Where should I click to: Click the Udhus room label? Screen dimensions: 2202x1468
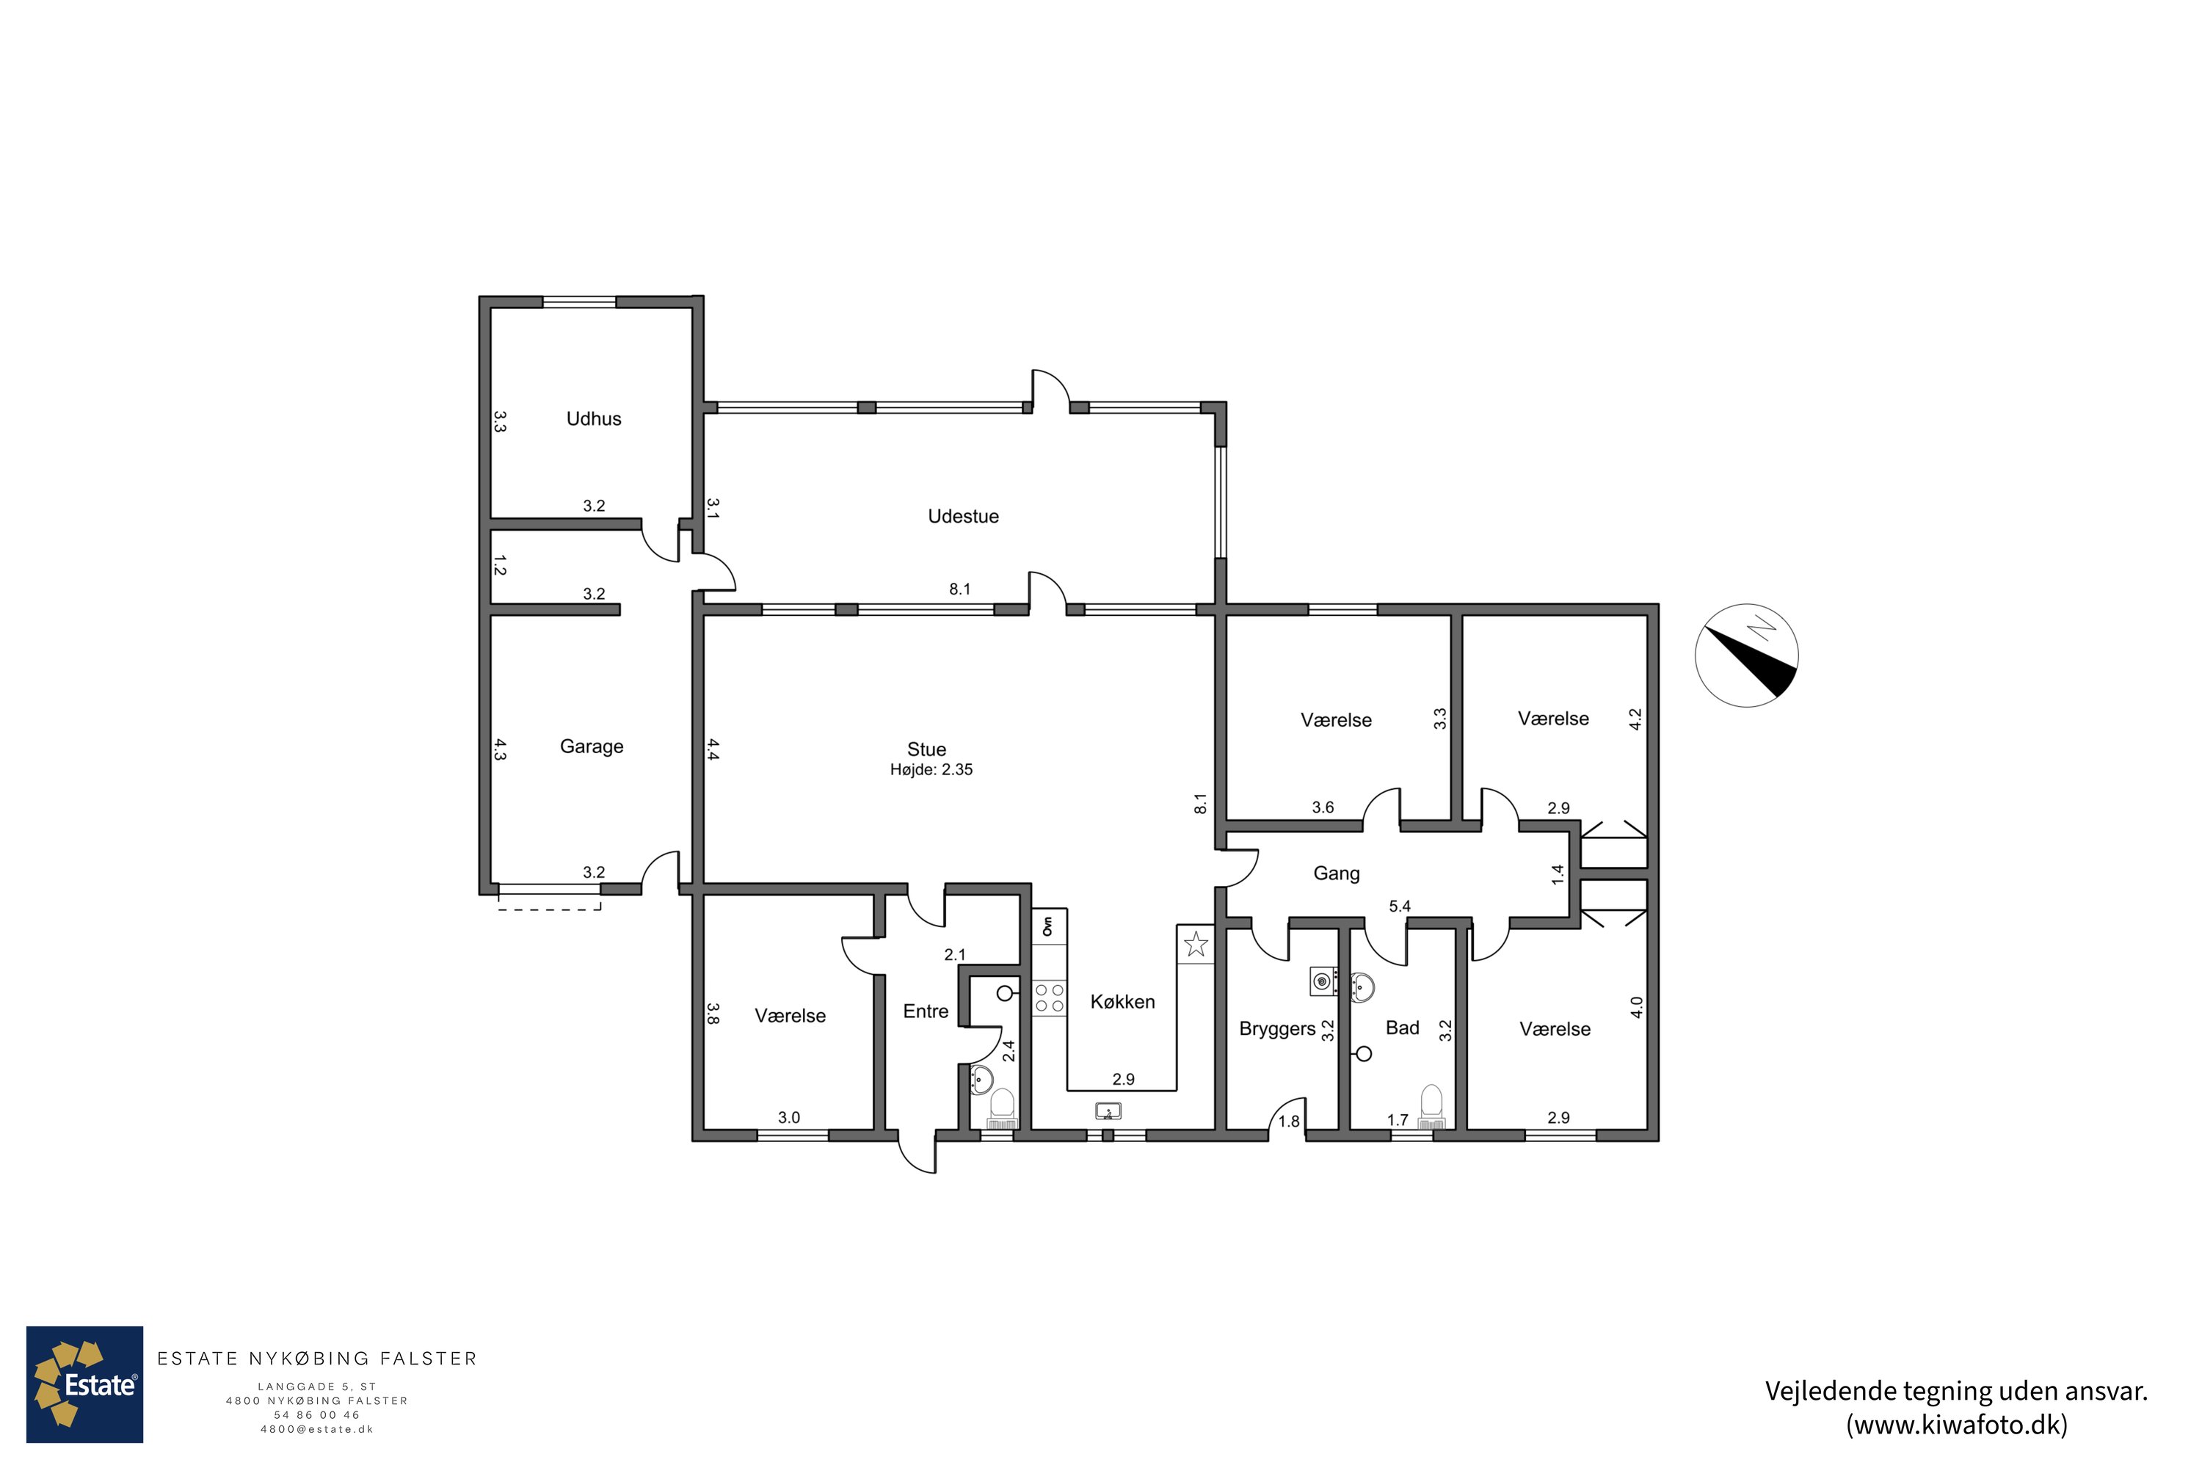(x=594, y=418)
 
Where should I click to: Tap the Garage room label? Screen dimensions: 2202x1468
(x=592, y=746)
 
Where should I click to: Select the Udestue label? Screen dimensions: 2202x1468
(x=963, y=516)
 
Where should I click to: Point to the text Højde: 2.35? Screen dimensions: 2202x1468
(x=931, y=769)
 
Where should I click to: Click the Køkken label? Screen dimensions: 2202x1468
(x=1122, y=1002)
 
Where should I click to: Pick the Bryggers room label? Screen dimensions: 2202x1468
(x=1277, y=1029)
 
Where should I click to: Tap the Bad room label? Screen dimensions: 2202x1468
(x=1403, y=1028)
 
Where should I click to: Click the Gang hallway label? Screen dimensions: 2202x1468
(x=1336, y=873)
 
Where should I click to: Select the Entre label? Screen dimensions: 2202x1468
(x=926, y=1011)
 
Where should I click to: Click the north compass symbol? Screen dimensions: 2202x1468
(x=1746, y=655)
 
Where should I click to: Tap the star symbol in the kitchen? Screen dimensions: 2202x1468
(x=1196, y=944)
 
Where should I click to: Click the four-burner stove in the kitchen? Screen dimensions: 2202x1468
(x=1050, y=998)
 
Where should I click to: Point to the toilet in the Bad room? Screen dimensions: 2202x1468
(x=1431, y=1108)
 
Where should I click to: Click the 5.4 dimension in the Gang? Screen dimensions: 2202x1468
(x=1400, y=906)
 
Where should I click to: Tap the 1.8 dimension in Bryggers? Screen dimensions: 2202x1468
(x=1289, y=1122)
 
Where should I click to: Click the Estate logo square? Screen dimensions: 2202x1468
(x=84, y=1384)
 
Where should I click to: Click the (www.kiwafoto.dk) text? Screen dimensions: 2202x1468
(x=1957, y=1425)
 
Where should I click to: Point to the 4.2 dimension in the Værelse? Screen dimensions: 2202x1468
(x=1635, y=719)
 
